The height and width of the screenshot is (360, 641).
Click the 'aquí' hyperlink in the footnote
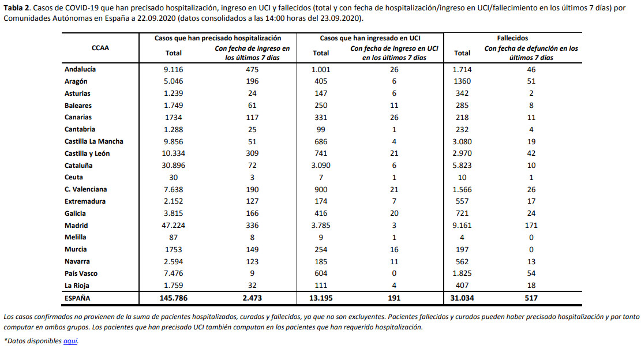(70, 341)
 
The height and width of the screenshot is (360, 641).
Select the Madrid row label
(76, 226)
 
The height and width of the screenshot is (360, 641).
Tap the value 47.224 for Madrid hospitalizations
(173, 226)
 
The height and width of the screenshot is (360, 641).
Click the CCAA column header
(100, 48)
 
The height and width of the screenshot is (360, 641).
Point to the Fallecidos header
(513, 38)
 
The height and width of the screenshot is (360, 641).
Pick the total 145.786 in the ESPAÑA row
(173, 298)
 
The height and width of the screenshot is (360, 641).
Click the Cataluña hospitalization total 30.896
(173, 166)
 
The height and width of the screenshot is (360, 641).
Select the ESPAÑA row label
(77, 298)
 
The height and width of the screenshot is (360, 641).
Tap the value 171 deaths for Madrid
(531, 226)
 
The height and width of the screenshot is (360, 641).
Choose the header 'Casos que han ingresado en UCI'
(370, 38)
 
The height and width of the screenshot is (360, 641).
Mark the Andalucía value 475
(252, 69)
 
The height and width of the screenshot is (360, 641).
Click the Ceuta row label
(74, 177)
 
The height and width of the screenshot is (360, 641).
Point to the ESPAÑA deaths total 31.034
(462, 298)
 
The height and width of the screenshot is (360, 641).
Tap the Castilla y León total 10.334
(173, 153)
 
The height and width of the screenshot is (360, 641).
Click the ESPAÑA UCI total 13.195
(321, 298)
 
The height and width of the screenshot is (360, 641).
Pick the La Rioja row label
(77, 286)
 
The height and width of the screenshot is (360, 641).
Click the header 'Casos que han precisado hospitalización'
(218, 38)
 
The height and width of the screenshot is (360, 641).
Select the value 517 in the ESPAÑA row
(531, 298)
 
